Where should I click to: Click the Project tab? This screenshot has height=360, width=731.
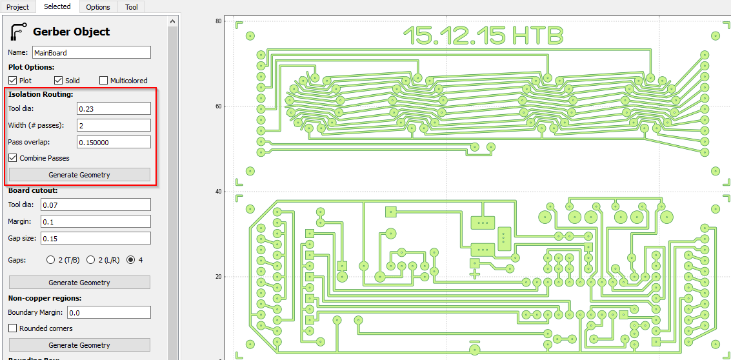(18, 7)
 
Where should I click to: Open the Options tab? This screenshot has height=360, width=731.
(98, 7)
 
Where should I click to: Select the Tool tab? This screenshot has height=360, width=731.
(132, 7)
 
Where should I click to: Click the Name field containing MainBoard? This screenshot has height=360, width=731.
(92, 53)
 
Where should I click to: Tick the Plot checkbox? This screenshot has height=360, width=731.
(13, 81)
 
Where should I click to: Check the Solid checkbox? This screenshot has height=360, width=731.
(59, 81)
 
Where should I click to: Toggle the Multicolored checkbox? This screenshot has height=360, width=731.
(104, 81)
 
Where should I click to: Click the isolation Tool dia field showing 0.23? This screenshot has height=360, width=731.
(114, 108)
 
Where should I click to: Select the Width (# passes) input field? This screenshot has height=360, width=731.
(114, 125)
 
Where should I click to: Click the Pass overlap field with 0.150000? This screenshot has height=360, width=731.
(114, 142)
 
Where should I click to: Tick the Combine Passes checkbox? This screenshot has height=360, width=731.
(13, 158)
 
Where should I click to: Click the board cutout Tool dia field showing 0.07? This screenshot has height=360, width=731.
(95, 205)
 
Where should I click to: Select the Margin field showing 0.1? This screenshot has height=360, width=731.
(95, 221)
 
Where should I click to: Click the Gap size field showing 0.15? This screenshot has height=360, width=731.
(95, 238)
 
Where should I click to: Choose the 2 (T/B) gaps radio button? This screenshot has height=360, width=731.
(51, 260)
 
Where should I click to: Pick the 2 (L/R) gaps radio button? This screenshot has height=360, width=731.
(91, 260)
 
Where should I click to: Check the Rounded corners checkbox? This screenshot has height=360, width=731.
(13, 328)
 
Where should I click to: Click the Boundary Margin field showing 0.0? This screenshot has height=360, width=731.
(108, 312)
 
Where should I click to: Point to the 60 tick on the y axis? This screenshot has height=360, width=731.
(219, 106)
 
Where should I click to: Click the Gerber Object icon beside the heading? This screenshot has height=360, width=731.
(19, 32)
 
